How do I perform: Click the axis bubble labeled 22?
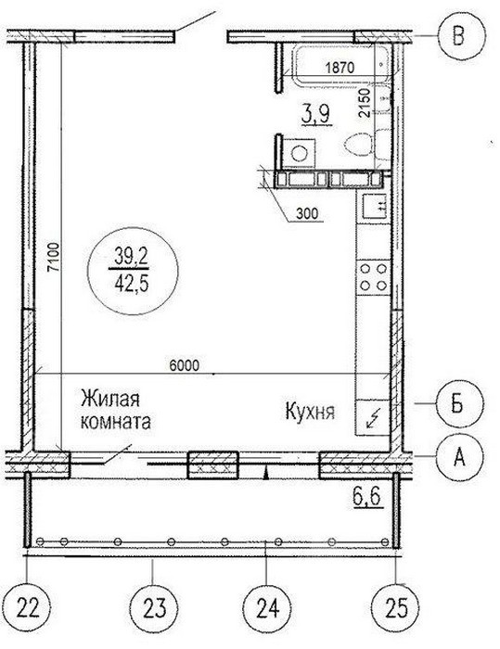tap(28, 607)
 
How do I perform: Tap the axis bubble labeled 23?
tap(154, 607)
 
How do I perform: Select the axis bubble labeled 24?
tap(267, 608)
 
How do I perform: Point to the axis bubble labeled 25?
tap(395, 607)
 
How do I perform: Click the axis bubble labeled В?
tap(462, 36)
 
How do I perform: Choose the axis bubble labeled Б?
tap(459, 403)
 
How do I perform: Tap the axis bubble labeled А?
tap(459, 456)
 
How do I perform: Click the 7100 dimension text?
tap(54, 258)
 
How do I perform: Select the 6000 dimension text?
tap(185, 365)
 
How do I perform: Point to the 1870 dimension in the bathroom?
tap(340, 67)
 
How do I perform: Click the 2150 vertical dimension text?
tap(365, 103)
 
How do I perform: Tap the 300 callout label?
tap(307, 213)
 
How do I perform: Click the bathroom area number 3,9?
tap(317, 114)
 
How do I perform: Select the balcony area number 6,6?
tap(367, 496)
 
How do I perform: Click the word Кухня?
tap(310, 412)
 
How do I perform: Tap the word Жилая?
tap(110, 399)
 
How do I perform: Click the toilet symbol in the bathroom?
tap(361, 145)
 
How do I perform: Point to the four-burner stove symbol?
tap(373, 277)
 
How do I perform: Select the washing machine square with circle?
tap(299, 154)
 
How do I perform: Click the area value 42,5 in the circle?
tap(132, 286)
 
